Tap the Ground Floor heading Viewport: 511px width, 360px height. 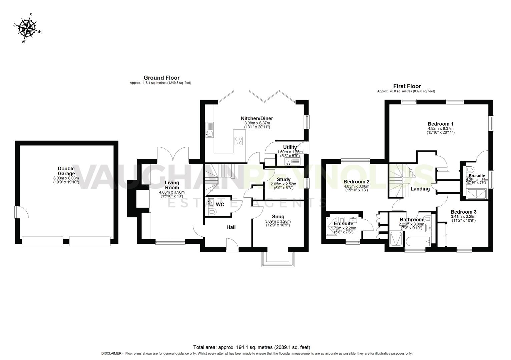coord(161,78)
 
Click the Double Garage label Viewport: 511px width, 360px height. coord(66,171)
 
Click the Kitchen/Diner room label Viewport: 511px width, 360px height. coord(257,118)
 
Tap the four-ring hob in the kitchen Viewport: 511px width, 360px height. coord(238,141)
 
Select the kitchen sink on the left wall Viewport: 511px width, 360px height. coord(209,134)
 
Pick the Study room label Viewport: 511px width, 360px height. coord(284,179)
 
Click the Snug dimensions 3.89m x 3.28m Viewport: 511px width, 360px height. coord(278,221)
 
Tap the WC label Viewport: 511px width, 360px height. coord(220,204)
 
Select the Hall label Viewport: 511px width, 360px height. coord(231,227)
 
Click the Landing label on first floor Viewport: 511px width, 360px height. coord(420,189)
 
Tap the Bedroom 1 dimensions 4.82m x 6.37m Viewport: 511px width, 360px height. coord(440,128)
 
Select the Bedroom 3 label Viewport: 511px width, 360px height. coord(463,212)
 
